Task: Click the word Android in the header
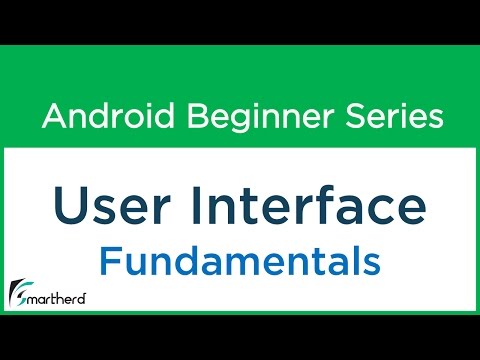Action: click(104, 117)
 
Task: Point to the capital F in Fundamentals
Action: click(109, 263)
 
